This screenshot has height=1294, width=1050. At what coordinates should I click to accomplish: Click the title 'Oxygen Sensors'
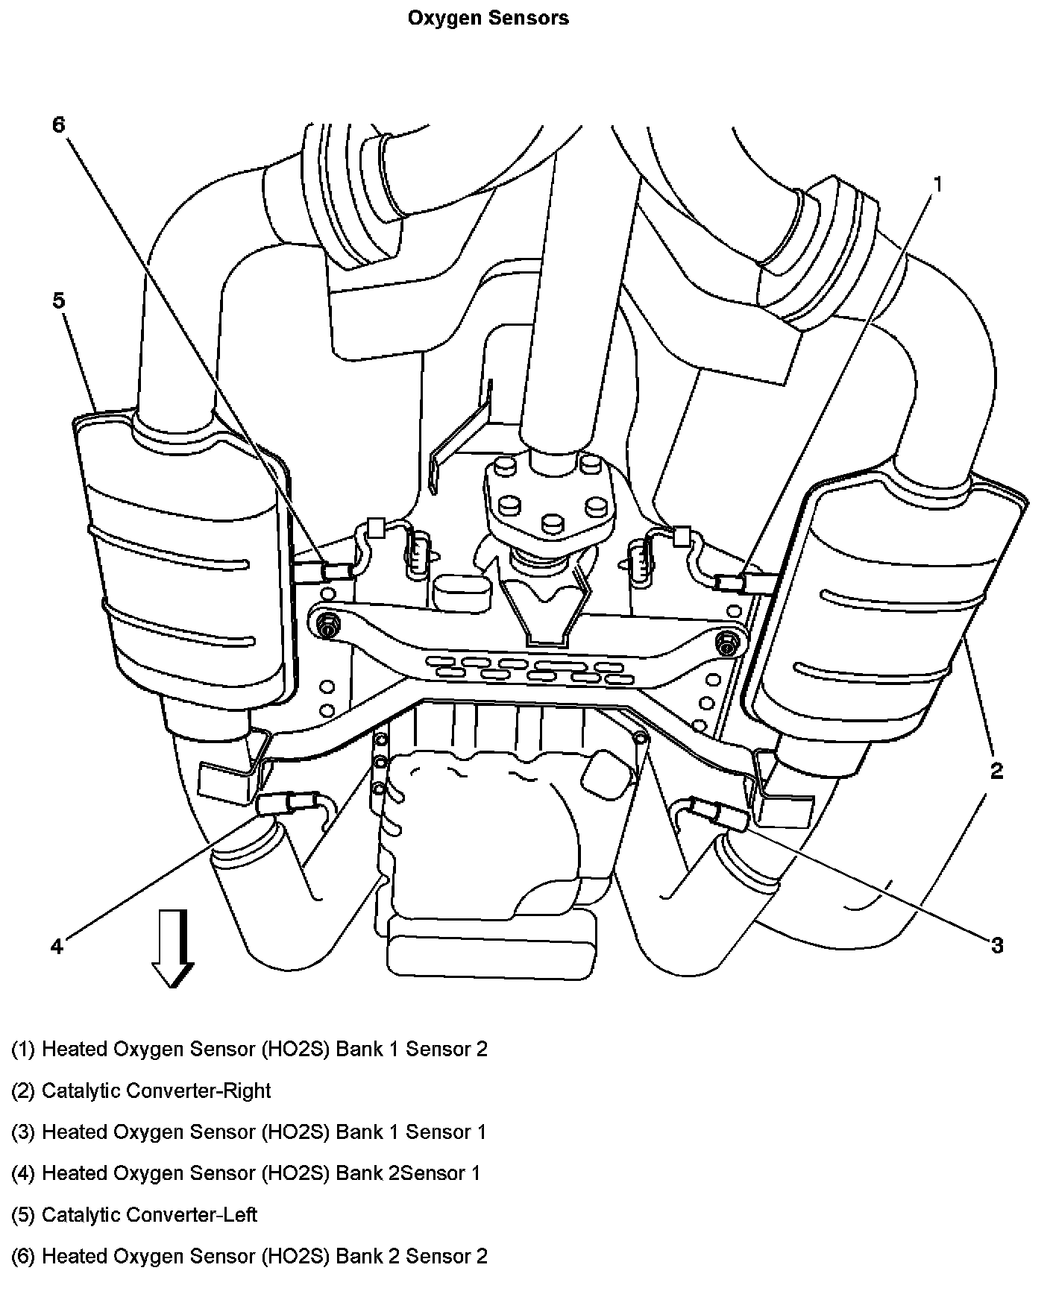coord(488,18)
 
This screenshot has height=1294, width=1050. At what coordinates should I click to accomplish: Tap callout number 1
coord(937,183)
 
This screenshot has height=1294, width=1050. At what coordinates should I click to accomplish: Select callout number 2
coord(996,771)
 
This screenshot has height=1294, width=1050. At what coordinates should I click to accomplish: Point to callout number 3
coord(996,945)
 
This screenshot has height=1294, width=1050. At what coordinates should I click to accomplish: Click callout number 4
coord(57,946)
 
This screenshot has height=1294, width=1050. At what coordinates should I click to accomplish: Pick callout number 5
coord(59,300)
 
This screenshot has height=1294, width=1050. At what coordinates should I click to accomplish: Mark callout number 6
coord(59,124)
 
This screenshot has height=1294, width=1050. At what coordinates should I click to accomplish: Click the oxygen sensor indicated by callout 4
coord(287,803)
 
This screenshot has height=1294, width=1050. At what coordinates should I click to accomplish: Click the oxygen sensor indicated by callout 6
coord(336,572)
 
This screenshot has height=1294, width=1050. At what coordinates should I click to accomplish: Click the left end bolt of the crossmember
coord(326,624)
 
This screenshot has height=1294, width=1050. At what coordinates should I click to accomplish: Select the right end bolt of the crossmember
coord(725,642)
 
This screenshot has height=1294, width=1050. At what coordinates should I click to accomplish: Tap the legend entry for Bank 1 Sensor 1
coord(248,1132)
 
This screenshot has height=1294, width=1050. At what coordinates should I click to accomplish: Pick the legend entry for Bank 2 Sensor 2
coord(249,1256)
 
